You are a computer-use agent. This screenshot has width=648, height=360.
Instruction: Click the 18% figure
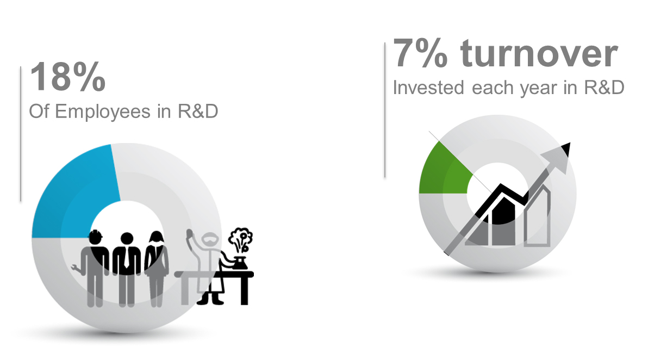[68, 77]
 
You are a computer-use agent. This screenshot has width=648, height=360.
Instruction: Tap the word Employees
[103, 112]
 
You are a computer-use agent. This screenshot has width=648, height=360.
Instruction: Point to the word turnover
[539, 53]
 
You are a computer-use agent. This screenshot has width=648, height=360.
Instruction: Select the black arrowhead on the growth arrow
[564, 150]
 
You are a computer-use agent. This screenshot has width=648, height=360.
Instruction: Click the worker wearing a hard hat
[95, 269]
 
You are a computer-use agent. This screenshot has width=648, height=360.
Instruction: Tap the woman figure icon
[156, 269]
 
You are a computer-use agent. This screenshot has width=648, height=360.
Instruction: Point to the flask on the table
[240, 263]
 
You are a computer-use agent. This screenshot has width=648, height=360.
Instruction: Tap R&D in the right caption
[604, 88]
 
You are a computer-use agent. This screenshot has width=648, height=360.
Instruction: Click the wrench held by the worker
[76, 268]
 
